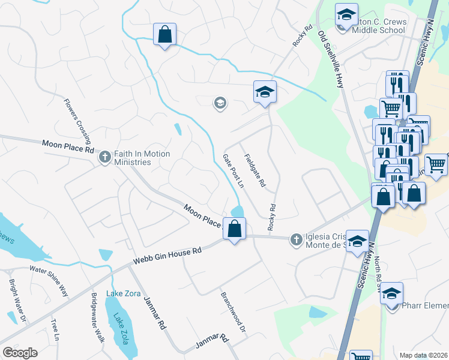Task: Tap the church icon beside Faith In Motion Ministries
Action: pos(105,157)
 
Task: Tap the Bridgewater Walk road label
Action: pos(98,318)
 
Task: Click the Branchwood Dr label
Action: pos(234,313)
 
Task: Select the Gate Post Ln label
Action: pos(234,170)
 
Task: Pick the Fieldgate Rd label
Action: pos(255,171)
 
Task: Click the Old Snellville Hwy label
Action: pos(331,59)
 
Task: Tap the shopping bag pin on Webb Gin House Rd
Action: pos(235,229)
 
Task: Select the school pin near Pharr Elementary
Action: pos(391,294)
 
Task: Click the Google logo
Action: pos(20,353)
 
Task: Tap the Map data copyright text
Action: pos(423,355)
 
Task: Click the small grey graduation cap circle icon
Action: pos(220,104)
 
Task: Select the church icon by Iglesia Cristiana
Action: pos(296,239)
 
